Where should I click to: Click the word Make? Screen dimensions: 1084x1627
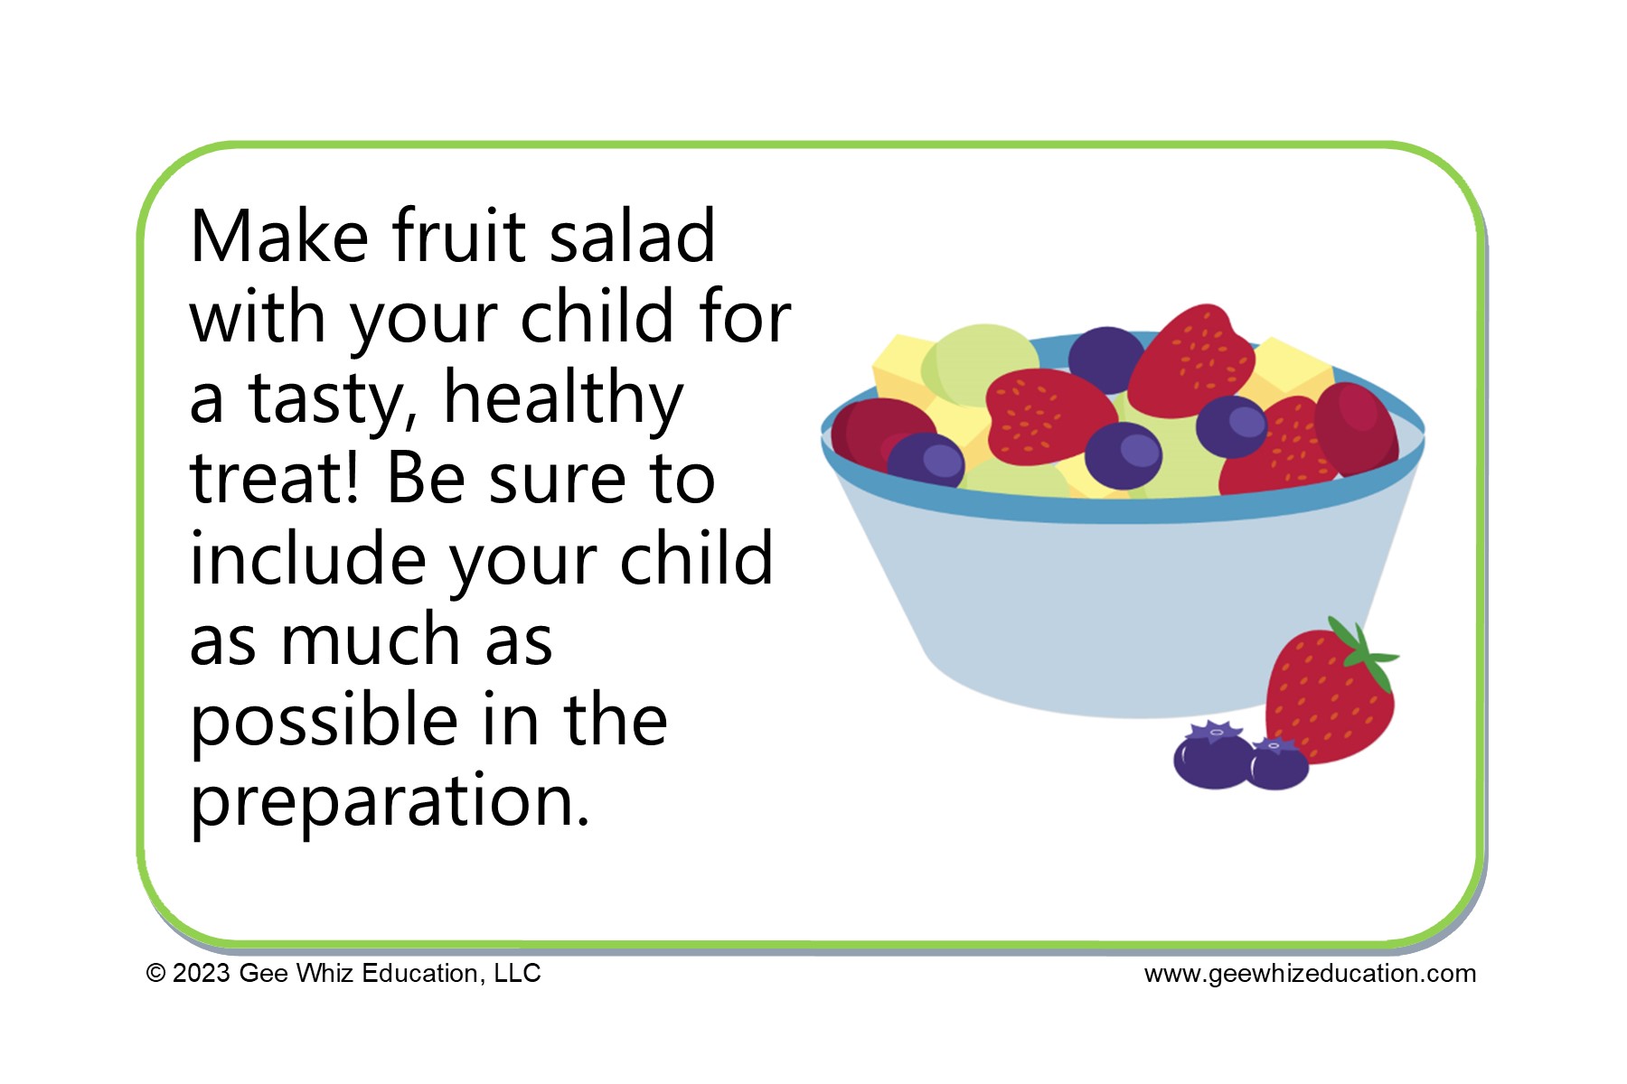pos(279,237)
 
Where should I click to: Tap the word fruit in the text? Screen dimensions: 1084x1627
pos(459,237)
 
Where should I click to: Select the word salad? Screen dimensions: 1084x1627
pos(632,237)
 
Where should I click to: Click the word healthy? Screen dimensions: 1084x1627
pos(563,397)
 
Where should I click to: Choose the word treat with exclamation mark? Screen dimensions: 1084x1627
pos(275,478)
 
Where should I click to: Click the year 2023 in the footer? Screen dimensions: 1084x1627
pos(202,974)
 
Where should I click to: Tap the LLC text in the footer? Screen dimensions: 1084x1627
pos(517,974)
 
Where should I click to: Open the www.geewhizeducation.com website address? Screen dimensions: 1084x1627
pos(1310,974)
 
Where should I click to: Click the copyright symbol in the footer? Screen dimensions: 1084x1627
pos(155,974)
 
